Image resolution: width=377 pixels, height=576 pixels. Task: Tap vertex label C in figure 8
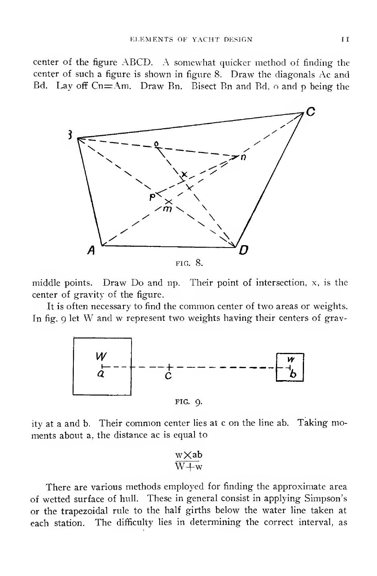coord(310,112)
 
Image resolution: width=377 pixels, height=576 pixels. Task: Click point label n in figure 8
coord(243,157)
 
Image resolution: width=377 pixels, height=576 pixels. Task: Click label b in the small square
coord(294,375)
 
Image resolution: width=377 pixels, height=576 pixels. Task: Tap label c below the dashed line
coord(168,376)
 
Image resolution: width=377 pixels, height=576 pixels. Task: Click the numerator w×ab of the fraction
coord(189,455)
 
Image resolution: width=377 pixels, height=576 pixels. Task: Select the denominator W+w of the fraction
coord(189,467)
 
